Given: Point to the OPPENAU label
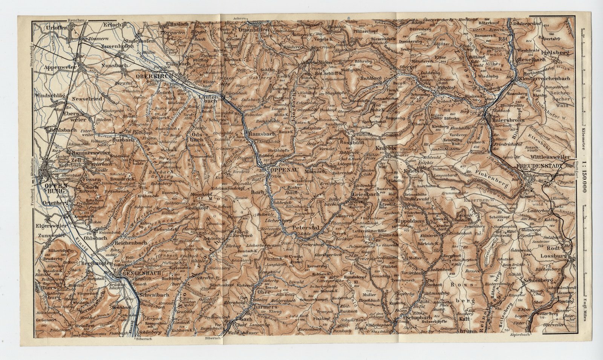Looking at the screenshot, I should point(279,170).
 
